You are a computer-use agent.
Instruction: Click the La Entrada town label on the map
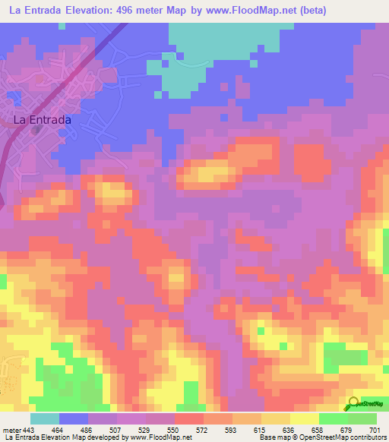43,120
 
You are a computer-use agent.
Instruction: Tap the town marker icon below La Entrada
36,130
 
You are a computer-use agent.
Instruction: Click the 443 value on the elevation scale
27,431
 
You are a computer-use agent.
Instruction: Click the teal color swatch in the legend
45,418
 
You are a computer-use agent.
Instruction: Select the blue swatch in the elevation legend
74,418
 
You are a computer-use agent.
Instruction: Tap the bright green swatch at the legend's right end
362,418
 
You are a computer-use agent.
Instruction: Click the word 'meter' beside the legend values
11,431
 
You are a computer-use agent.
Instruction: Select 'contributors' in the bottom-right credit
367,438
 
